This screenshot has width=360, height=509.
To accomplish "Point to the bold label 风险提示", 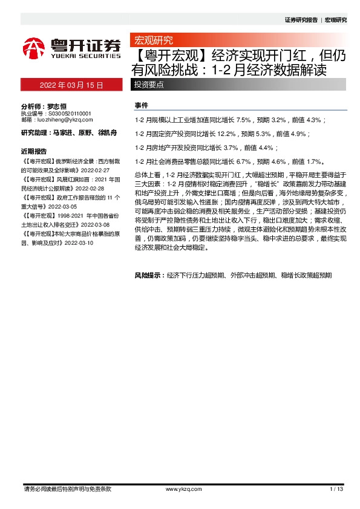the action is tap(149, 275).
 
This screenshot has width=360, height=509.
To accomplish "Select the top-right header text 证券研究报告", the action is tap(301, 19).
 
